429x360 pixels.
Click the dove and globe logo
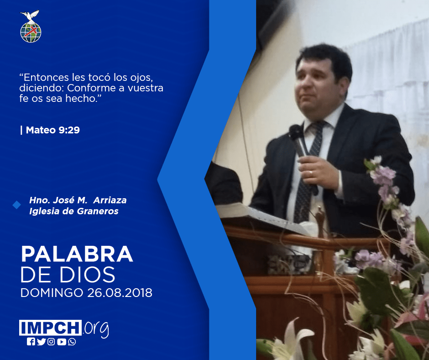[31, 26]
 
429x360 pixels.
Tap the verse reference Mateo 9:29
[53, 130]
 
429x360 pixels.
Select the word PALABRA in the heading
[77, 254]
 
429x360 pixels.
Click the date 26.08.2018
[120, 292]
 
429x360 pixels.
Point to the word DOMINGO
[52, 292]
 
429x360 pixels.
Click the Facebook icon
[31, 342]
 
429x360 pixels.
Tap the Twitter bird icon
[41, 342]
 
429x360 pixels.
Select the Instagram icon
[51, 342]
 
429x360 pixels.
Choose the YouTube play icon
[62, 342]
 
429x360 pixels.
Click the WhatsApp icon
[72, 342]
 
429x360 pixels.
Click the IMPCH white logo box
[50, 328]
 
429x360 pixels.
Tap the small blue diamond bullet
[17, 205]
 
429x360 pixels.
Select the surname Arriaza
[110, 200]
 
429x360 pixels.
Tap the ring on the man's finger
[310, 173]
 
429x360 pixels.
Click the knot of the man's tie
[318, 126]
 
